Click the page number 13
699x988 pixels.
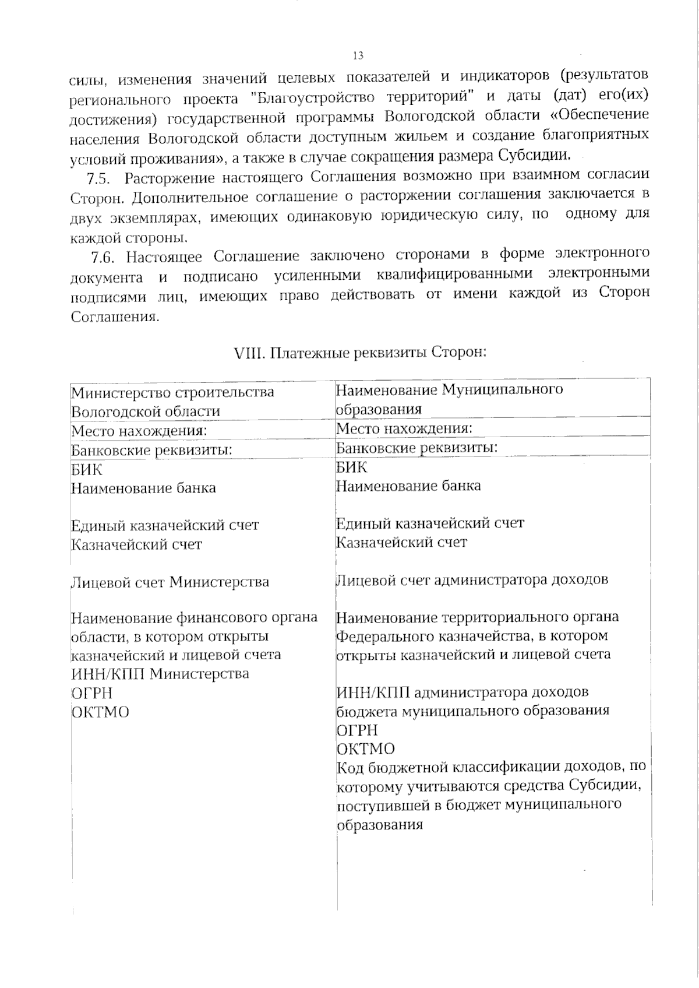click(358, 56)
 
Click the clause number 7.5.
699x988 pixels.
click(100, 177)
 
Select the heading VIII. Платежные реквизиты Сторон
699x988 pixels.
click(359, 353)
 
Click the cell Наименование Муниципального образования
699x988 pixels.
click(450, 399)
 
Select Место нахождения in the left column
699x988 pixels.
click(139, 431)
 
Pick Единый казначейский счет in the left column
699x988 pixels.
click(165, 525)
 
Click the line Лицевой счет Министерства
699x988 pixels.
click(170, 582)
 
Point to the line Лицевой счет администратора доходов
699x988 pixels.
click(472, 579)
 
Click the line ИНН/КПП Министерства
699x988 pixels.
click(160, 674)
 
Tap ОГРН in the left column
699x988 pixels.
click(91, 693)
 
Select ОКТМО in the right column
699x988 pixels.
click(366, 748)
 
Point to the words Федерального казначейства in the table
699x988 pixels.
click(430, 635)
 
